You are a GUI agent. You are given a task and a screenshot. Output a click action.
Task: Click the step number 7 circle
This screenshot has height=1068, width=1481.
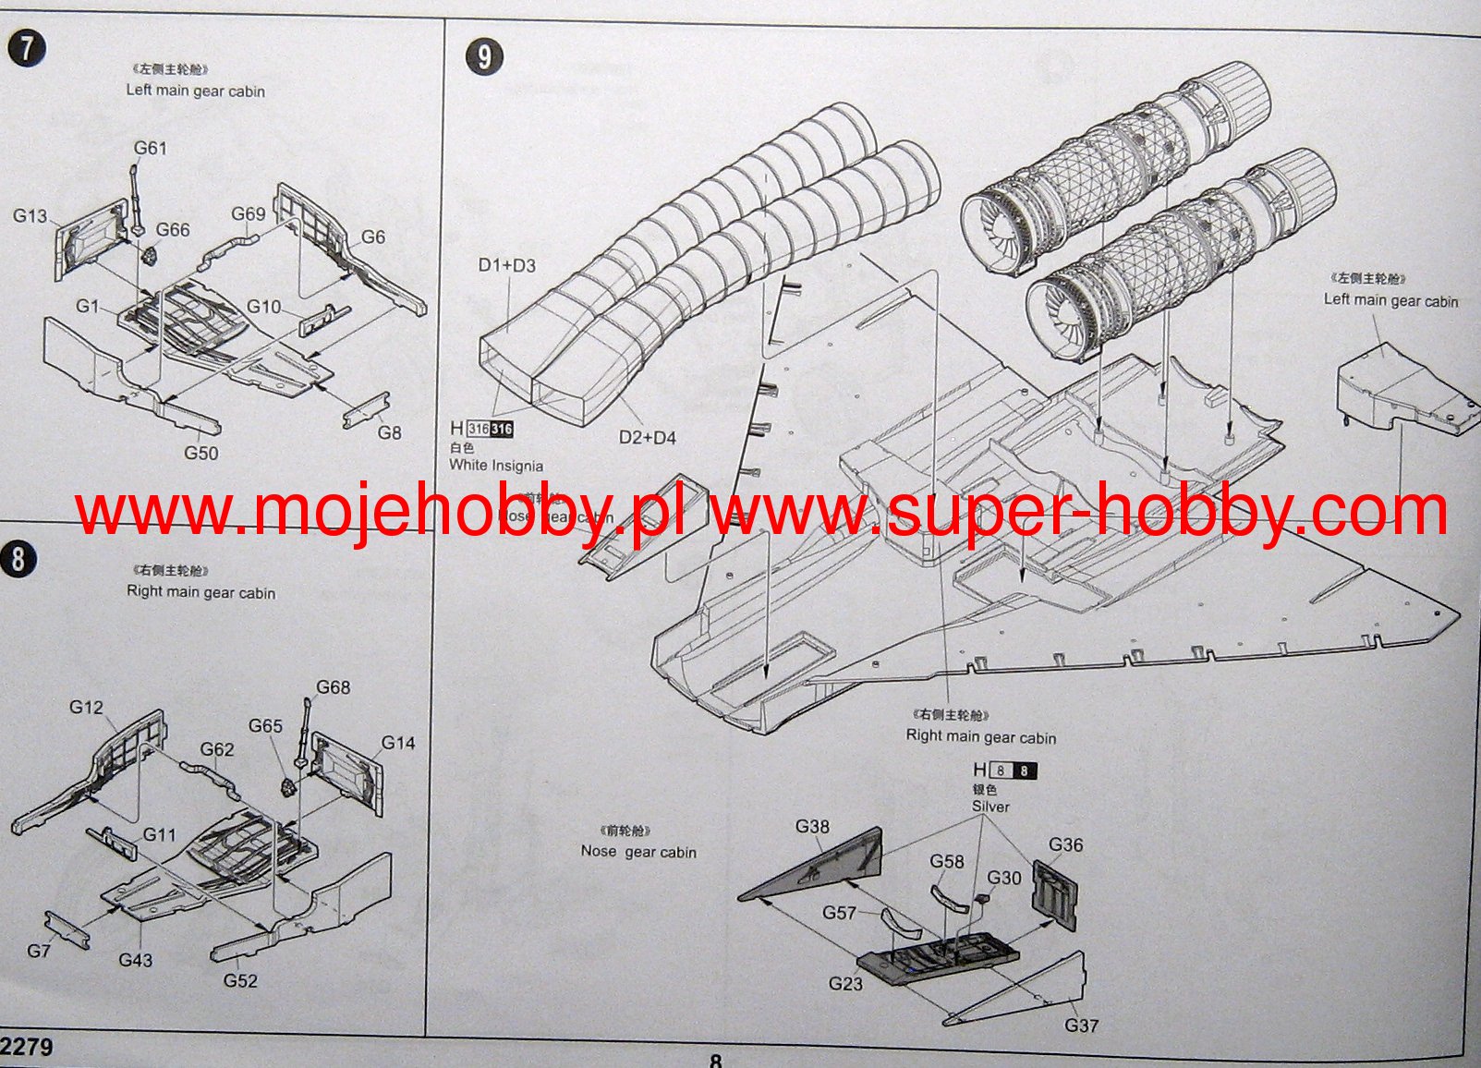click(27, 49)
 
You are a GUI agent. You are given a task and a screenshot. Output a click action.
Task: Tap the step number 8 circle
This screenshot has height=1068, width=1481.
click(18, 559)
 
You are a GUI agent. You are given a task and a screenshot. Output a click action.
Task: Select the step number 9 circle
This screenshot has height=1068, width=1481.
click(484, 57)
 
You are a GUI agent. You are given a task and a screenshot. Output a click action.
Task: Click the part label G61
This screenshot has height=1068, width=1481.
click(150, 148)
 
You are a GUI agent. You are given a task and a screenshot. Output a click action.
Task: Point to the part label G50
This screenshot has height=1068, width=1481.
click(200, 453)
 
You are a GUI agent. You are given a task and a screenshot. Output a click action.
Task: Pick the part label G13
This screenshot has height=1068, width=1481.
click(30, 215)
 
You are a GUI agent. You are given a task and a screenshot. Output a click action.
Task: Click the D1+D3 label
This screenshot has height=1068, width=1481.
click(506, 265)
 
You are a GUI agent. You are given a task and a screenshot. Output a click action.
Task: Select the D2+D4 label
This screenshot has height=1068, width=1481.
click(647, 437)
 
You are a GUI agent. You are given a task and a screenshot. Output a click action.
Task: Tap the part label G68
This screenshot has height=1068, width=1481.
click(333, 687)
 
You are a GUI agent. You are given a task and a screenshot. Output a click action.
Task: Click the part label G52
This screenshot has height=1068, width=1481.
click(240, 980)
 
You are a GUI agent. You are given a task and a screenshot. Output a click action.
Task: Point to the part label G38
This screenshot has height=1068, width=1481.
click(812, 827)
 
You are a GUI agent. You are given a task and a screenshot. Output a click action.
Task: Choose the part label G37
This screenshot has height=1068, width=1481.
click(1081, 1026)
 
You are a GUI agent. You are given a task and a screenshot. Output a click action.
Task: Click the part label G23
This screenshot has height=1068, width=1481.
click(845, 984)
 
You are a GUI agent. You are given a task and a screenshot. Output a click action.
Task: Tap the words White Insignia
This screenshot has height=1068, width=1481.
click(496, 466)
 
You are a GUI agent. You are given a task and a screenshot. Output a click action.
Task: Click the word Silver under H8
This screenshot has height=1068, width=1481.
click(990, 807)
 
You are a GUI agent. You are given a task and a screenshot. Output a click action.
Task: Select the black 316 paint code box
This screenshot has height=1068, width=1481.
click(502, 429)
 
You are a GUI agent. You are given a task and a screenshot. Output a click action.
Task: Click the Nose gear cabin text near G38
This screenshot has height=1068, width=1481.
click(638, 852)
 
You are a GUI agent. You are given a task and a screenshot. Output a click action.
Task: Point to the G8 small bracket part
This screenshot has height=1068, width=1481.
click(366, 411)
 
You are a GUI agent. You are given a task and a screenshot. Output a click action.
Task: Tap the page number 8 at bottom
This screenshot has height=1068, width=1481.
click(715, 1061)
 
